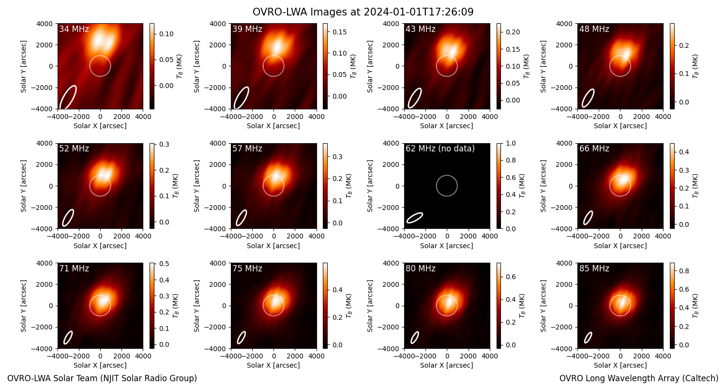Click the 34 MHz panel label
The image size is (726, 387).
[x=74, y=29]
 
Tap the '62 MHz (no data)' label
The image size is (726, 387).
[x=440, y=149]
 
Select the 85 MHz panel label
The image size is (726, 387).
[x=594, y=268]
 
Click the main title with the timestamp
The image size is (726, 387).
[x=363, y=12]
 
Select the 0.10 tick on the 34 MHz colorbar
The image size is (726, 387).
[x=166, y=34]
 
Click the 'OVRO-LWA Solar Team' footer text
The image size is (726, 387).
[x=102, y=378]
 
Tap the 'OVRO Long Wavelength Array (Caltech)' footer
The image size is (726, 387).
[x=639, y=378]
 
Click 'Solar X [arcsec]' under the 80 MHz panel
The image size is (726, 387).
[x=447, y=365]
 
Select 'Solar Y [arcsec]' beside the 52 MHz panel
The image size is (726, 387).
[x=23, y=186]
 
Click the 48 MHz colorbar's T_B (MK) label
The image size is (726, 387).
[x=696, y=66]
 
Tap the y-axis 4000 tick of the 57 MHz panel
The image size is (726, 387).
[x=218, y=144]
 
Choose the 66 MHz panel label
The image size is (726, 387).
[x=594, y=149]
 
